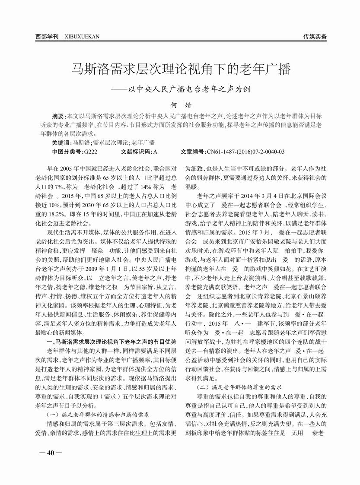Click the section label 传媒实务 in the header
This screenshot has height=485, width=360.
[x=315, y=36]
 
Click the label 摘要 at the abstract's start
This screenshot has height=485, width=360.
[x=57, y=117]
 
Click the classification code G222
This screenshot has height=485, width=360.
[x=91, y=152]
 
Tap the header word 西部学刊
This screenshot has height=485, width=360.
[x=47, y=36]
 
